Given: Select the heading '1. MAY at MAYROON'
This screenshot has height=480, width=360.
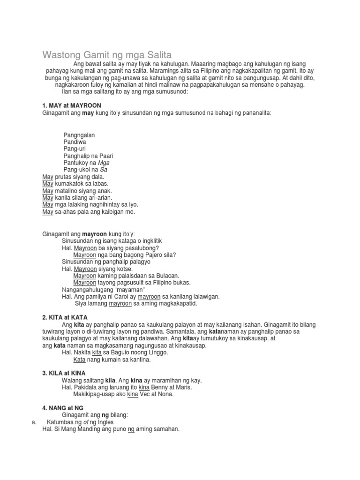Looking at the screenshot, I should point(72,105).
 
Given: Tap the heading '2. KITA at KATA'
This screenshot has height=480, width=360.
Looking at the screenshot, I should point(65,317).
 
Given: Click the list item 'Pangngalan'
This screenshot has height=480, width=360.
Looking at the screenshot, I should point(79,135).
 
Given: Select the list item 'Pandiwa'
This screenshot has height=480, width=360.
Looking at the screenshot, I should point(75,142).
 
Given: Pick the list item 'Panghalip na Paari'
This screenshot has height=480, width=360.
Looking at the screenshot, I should point(89,156).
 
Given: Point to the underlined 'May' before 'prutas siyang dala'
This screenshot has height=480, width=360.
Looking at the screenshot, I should point(48,177).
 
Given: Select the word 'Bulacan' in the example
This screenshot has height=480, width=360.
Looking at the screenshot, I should point(168,276).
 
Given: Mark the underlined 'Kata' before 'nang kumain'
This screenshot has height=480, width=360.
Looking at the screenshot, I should point(79,360).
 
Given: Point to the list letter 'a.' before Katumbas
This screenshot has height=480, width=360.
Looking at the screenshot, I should point(34,422).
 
